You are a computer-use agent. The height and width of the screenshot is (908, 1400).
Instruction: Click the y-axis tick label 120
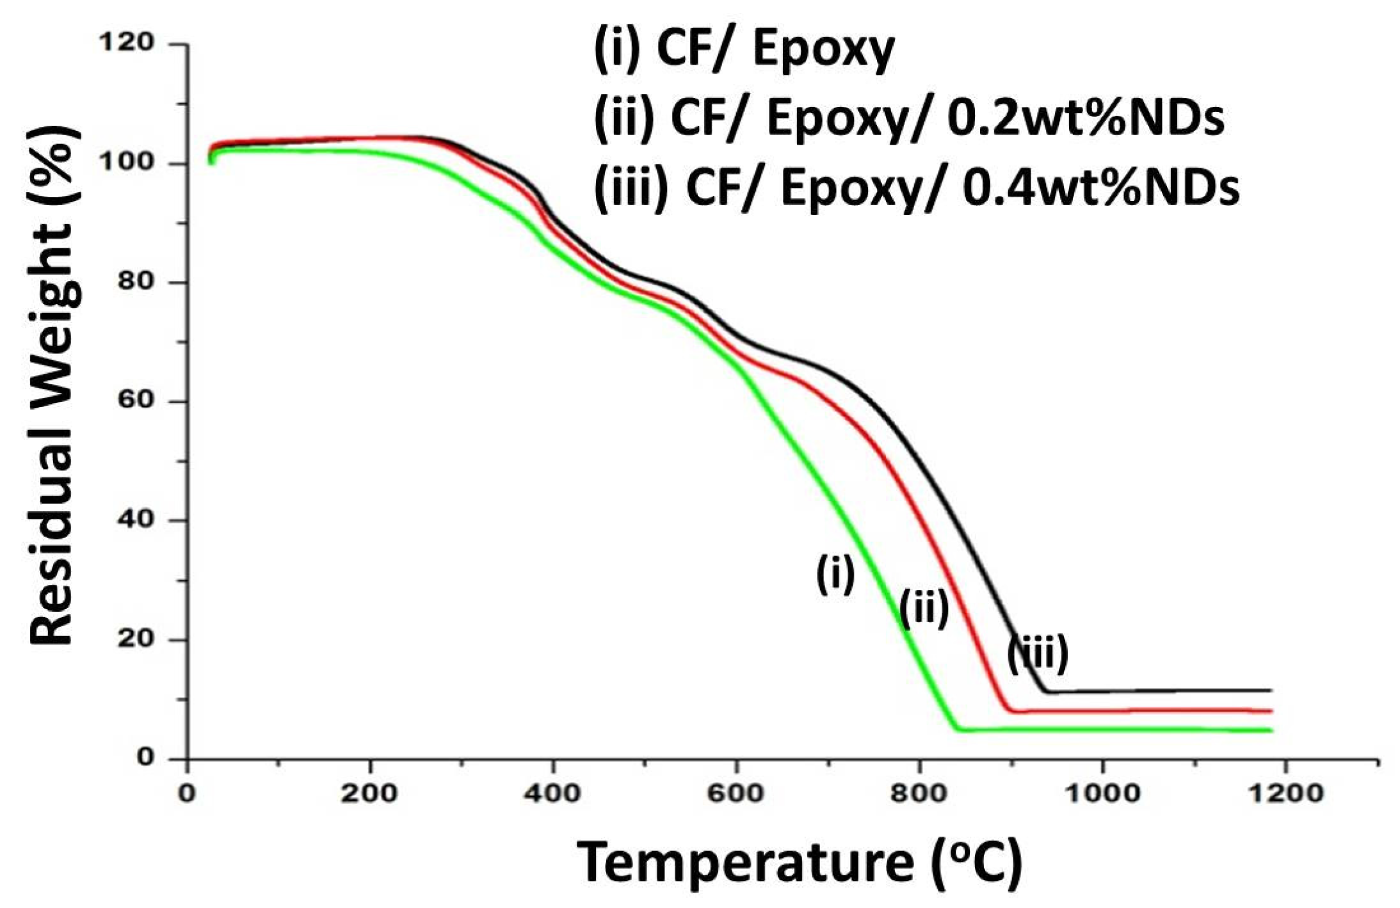pos(127,43)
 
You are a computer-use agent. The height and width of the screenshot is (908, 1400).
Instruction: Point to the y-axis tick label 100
pos(127,163)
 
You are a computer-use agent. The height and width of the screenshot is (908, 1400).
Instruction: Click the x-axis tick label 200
pos(369,794)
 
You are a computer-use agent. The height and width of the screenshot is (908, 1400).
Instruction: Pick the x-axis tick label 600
pos(736,794)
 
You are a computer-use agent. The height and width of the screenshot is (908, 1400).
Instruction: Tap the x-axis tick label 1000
pos(1102,794)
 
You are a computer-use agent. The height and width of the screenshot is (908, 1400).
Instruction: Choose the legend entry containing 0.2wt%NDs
pos(909,119)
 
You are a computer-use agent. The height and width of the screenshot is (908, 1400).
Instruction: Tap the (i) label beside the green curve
pos(835,574)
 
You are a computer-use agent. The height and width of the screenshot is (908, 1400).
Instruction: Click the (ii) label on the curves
pos(924,609)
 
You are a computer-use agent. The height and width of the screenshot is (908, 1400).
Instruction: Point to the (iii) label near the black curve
pos(1038,653)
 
